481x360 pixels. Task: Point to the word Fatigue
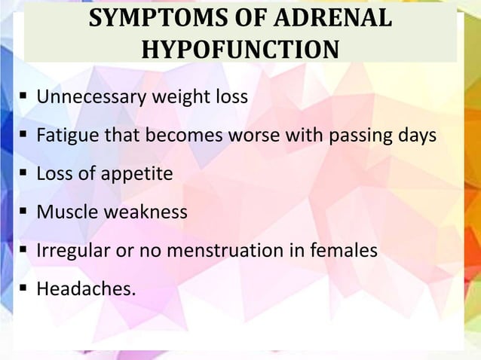tap(66, 136)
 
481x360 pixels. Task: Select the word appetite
tap(138, 174)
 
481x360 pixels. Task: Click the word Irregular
tap(72, 251)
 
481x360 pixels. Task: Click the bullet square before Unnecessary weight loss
tap(24, 98)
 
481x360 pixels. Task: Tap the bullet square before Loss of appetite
tap(24, 175)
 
